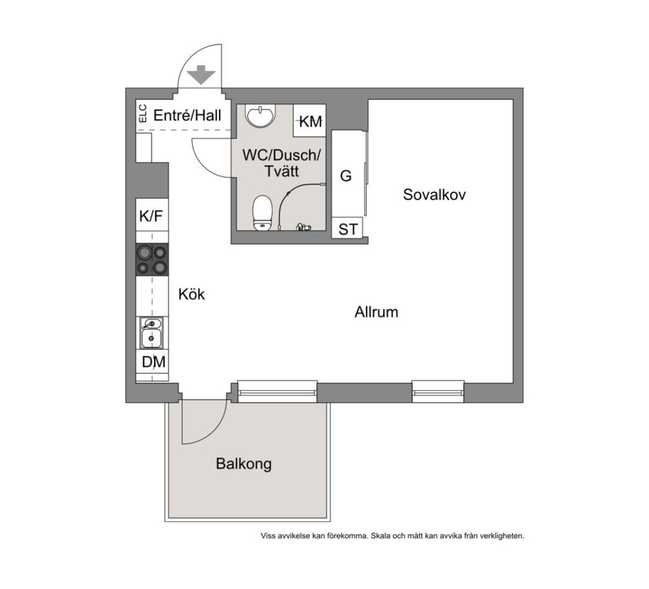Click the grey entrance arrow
201,75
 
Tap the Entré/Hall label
187,115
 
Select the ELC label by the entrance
143,113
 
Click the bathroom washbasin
260,116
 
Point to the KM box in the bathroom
309,121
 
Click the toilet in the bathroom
263,212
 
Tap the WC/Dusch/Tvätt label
281,163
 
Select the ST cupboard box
347,228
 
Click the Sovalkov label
434,194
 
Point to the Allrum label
376,312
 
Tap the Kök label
191,294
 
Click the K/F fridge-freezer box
152,215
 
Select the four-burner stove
152,259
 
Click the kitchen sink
151,333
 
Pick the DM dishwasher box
152,362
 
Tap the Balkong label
244,463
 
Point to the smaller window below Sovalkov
438,391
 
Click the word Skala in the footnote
380,536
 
